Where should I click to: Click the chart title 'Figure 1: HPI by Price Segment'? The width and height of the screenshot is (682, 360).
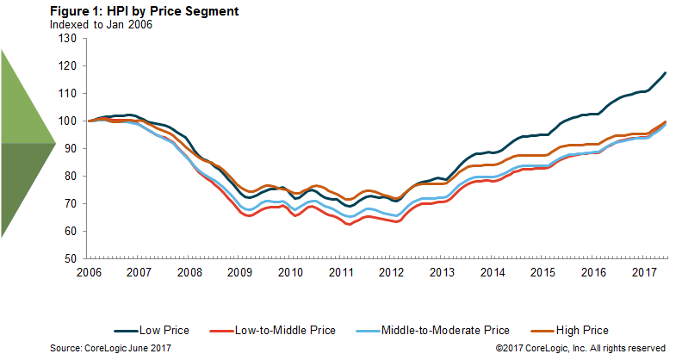point(144,13)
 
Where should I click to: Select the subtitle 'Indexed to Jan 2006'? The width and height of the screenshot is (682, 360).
point(102,25)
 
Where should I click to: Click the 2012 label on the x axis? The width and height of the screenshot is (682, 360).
point(392,271)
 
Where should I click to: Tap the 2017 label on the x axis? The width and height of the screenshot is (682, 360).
point(645,271)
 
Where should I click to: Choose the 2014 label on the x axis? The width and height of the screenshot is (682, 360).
point(493,271)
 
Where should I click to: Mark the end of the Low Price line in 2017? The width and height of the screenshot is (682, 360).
point(666,73)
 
